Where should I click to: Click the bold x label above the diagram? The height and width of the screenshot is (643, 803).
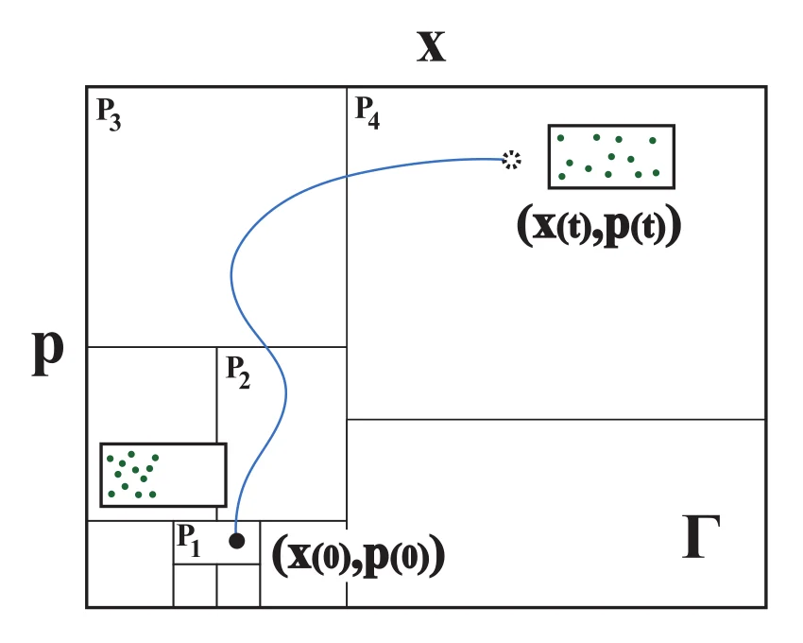[x=431, y=46]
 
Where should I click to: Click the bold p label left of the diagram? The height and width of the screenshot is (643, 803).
[x=47, y=353]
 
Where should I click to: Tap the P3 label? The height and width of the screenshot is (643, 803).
[x=109, y=114]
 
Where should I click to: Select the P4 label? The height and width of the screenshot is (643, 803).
[x=367, y=113]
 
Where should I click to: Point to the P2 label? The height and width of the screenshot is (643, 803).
[x=238, y=373]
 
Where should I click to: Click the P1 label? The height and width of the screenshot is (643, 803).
[x=188, y=541]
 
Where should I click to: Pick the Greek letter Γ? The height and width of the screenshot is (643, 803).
[x=701, y=536]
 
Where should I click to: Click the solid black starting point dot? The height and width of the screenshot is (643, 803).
[x=236, y=541]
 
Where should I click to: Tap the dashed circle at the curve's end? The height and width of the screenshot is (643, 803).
[x=511, y=160]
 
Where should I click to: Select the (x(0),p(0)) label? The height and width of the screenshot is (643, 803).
[x=358, y=556]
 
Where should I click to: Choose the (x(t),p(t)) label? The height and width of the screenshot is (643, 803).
[x=599, y=227]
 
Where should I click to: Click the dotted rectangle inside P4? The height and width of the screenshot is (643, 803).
[x=611, y=157]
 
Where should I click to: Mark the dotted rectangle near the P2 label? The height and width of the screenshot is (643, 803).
[x=163, y=475]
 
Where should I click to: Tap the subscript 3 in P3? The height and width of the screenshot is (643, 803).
[x=115, y=123]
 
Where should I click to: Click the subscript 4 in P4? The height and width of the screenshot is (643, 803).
[x=374, y=120]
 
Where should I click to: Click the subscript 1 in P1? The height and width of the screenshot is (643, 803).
[x=196, y=548]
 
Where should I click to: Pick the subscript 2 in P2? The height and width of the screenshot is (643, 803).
[x=245, y=381]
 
